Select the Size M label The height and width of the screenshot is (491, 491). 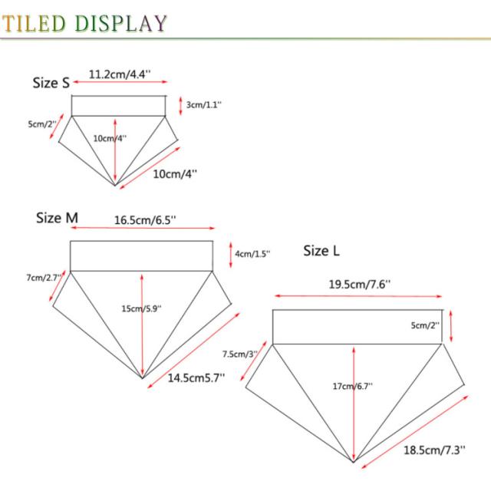point(57,218)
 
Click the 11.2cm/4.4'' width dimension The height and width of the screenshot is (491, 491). point(120,74)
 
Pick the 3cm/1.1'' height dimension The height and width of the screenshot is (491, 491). point(204,105)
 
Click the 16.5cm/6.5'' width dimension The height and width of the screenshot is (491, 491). point(146,219)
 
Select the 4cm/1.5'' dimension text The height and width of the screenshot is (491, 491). point(252,254)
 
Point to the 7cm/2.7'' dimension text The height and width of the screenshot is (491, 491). point(43,277)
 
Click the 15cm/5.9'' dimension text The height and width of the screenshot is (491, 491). point(141,308)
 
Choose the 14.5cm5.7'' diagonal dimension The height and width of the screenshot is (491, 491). point(196,377)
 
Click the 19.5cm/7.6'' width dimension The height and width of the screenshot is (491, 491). point(360,284)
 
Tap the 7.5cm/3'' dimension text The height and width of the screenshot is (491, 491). point(240,354)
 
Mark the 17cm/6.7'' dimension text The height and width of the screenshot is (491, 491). point(353,386)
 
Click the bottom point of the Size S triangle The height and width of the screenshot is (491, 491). point(115,185)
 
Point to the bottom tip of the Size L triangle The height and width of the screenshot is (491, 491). point(353,462)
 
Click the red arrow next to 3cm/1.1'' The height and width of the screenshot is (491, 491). point(180,105)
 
